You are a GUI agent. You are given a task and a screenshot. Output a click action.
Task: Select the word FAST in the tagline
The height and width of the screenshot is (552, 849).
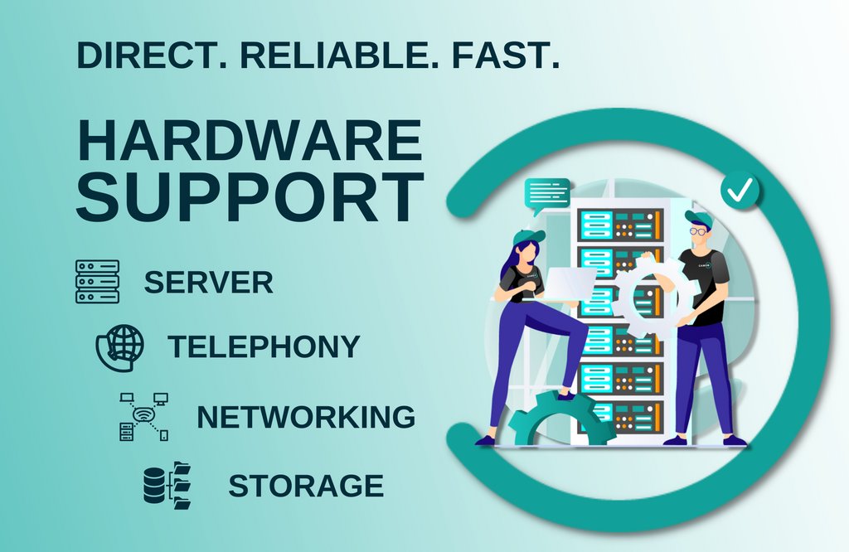[x=507, y=54]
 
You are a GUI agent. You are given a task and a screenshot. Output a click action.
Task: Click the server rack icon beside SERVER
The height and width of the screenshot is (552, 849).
[x=97, y=282]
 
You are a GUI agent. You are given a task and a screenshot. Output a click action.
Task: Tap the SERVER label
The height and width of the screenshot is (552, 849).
[x=208, y=283]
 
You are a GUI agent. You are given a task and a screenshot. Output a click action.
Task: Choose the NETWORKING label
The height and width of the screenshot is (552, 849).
[x=305, y=417]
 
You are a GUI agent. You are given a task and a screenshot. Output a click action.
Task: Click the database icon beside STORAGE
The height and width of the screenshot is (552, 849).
[x=167, y=485]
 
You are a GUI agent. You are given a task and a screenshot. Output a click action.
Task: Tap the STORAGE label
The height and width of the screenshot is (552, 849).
[x=305, y=486]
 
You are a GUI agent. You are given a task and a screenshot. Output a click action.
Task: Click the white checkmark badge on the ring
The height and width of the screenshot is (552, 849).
[x=740, y=191]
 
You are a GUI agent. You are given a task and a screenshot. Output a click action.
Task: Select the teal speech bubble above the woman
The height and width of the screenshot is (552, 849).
[x=546, y=194]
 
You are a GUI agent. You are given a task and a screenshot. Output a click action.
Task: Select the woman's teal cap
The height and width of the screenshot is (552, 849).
[x=527, y=238]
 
